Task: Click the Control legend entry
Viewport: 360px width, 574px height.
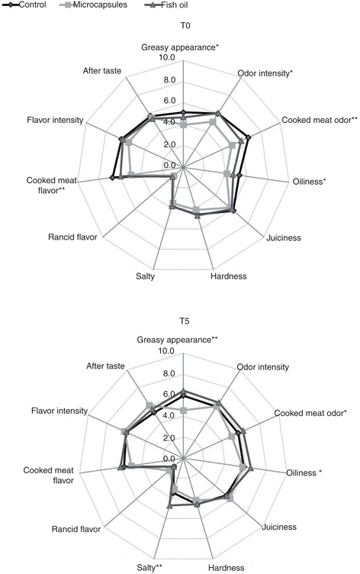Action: pos(24,5)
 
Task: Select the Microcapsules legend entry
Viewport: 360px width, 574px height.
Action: pos(93,5)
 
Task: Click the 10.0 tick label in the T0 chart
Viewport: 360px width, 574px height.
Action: pos(167,58)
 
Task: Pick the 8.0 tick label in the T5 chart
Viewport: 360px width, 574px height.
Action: pos(169,374)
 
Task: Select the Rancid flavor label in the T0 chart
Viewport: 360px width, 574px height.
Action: pos(72,237)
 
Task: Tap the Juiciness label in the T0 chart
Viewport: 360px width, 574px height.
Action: pos(284,238)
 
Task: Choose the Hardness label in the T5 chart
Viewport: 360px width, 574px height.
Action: pos(226,568)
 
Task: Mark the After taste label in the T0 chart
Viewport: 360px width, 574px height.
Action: pos(102,71)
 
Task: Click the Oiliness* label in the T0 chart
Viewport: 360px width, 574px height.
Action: pos(309,182)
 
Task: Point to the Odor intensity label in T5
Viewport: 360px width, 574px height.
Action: pos(262,367)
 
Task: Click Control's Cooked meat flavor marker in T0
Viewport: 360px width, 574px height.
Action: pos(111,178)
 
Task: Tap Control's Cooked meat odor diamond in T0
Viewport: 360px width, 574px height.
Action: pos(248,137)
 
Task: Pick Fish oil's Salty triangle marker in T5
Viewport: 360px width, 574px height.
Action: pos(169,506)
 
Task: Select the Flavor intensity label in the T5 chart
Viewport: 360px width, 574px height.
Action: pos(59,411)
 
